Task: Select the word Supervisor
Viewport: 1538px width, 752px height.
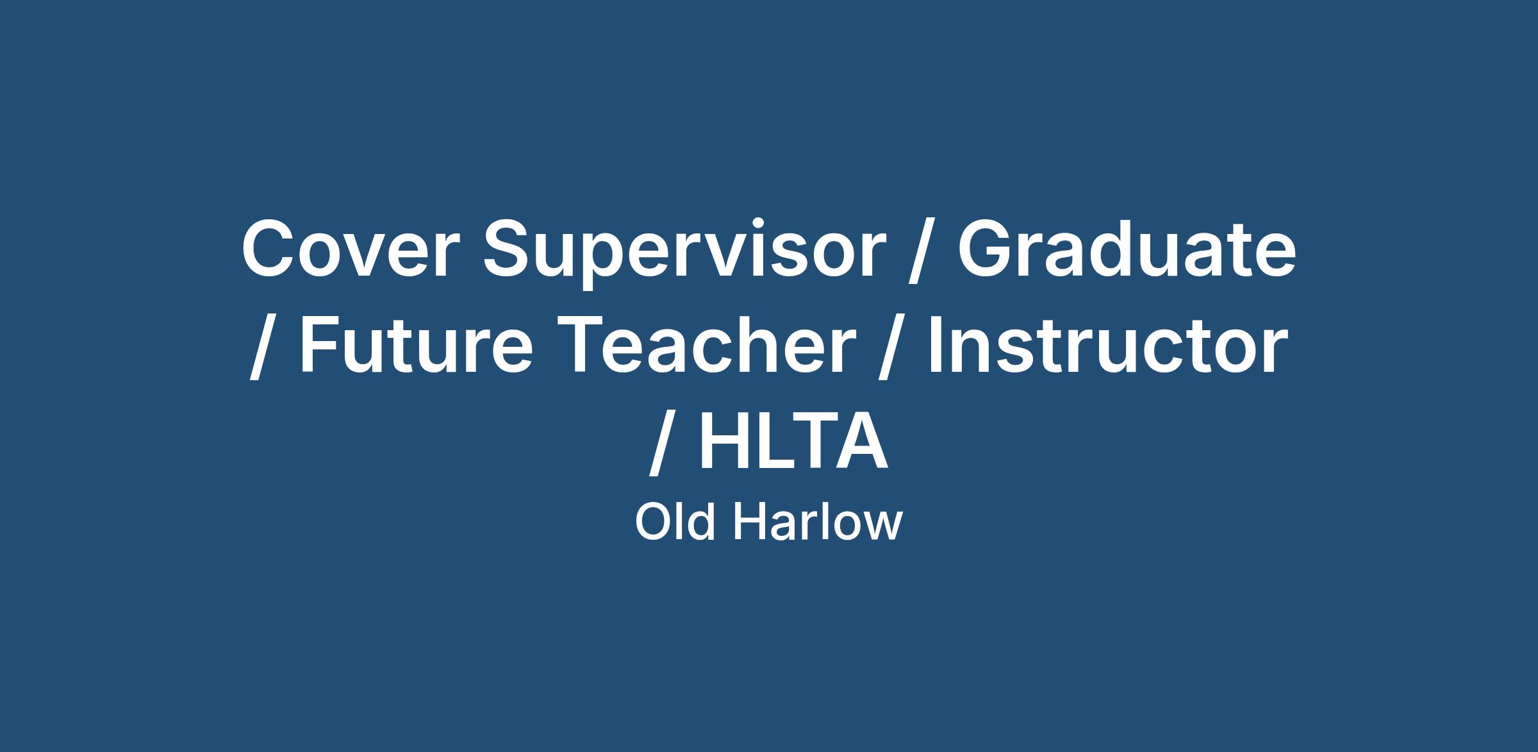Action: click(684, 254)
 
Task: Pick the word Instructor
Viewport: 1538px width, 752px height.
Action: click(1107, 344)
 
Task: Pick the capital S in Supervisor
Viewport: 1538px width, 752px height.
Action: click(509, 249)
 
